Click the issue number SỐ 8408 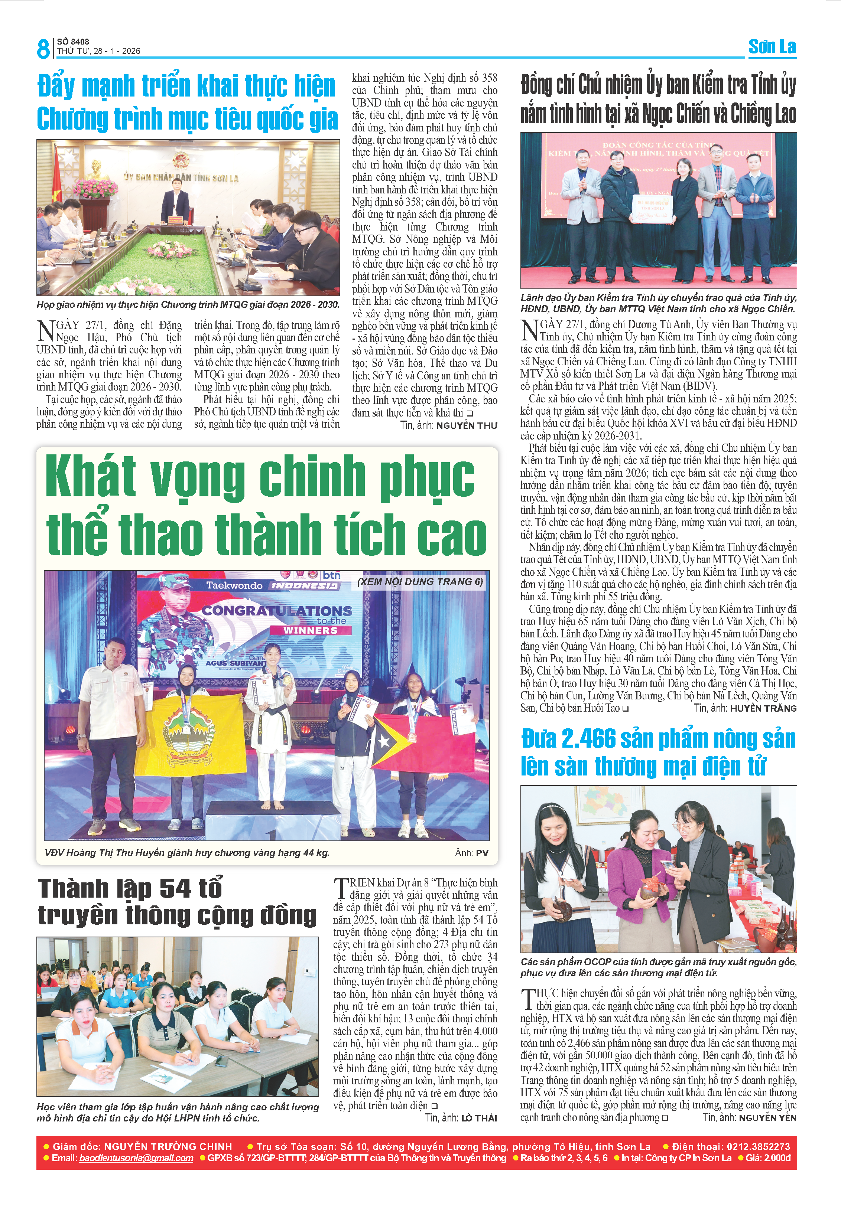point(73,42)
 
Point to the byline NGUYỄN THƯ point(467,425)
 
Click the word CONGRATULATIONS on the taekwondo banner point(277,610)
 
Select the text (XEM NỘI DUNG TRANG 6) point(420,582)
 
